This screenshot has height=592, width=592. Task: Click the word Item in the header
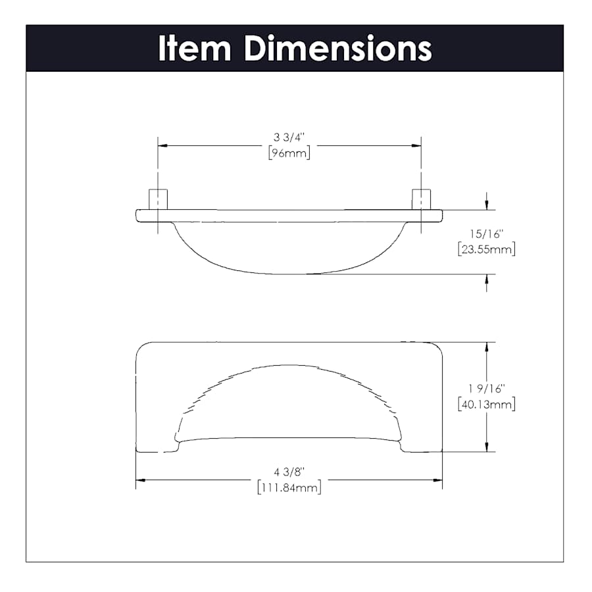(x=195, y=48)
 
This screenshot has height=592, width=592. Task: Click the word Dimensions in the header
(x=338, y=48)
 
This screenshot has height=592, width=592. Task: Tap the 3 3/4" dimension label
(x=289, y=137)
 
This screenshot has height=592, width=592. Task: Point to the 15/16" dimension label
(x=487, y=234)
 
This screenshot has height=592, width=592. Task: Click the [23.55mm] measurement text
(x=487, y=249)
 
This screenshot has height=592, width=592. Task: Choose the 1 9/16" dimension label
(x=487, y=389)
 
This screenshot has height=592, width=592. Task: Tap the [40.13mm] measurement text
(x=487, y=405)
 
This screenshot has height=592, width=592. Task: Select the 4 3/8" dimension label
(x=289, y=472)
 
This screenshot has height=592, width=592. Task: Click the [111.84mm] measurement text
(x=289, y=488)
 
